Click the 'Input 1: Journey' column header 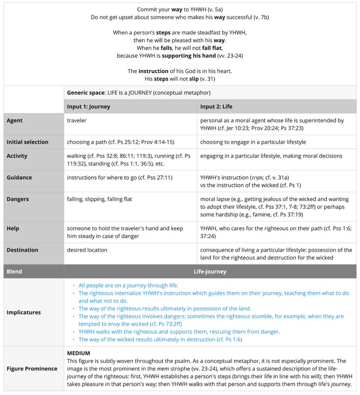(89, 106)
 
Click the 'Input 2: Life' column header (217, 106)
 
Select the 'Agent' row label (14, 120)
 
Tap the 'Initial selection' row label (27, 142)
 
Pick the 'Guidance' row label (19, 177)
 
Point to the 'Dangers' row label (18, 199)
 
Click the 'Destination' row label (22, 250)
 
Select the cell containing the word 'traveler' (77, 120)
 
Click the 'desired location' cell (87, 250)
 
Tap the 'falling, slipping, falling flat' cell (99, 199)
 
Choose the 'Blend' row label (14, 271)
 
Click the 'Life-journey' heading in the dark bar (210, 271)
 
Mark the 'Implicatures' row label (24, 312)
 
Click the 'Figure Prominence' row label (32, 368)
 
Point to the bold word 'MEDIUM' (79, 353)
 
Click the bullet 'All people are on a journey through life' (128, 285)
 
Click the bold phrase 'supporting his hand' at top (189, 56)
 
